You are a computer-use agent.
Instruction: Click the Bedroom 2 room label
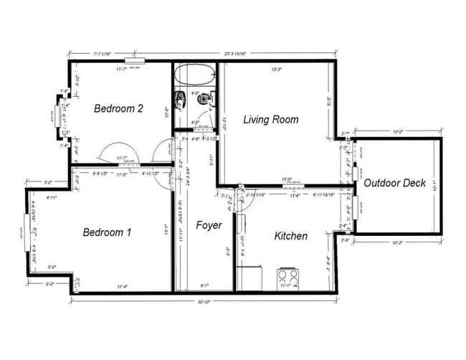118,108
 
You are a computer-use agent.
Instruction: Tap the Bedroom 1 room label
107,232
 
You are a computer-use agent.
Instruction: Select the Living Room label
270,119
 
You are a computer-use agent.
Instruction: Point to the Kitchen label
290,235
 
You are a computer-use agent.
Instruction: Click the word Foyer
209,225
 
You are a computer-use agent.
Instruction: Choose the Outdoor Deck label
394,183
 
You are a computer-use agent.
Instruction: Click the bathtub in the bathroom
195,74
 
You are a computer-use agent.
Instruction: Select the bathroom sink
180,98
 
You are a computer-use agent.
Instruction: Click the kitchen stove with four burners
287,277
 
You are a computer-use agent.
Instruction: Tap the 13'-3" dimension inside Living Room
276,70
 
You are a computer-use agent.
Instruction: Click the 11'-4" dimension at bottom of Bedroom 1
122,287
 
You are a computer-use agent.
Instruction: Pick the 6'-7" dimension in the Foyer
204,285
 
